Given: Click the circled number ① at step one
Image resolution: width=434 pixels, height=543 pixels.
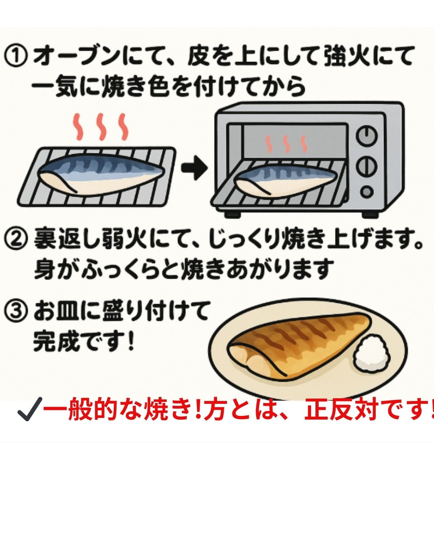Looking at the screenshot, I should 16,57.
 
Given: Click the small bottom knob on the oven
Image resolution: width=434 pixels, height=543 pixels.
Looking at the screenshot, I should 366,191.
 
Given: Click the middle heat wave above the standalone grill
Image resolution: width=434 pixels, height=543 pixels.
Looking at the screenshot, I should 100,126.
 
